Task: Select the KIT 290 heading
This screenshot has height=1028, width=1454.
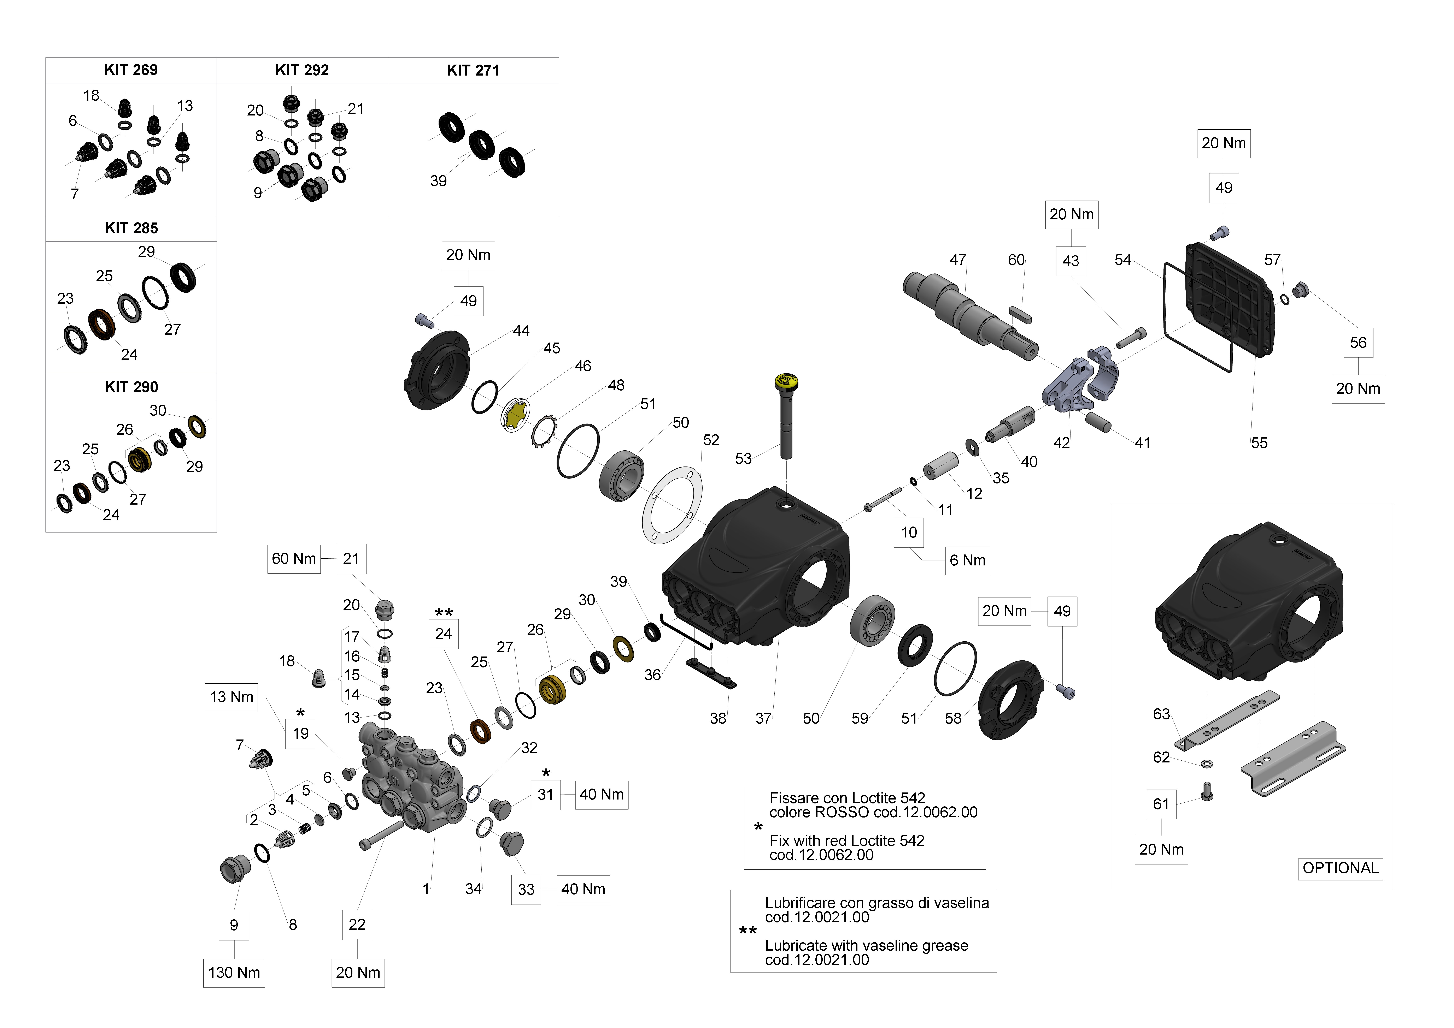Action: coord(131,387)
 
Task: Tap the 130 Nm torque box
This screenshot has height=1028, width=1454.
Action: coord(234,972)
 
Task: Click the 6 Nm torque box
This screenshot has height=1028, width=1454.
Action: coord(967,560)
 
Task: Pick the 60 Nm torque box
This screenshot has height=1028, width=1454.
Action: coord(294,559)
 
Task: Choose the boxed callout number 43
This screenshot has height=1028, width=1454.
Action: coord(1070,261)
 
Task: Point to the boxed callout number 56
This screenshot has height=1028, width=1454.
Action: coord(1358,343)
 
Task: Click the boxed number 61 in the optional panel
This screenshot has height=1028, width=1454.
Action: coord(1161,804)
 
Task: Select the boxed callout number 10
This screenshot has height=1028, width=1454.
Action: coord(909,532)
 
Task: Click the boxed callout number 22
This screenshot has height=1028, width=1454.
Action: coord(357,925)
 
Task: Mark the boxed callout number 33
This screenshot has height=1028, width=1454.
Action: coord(526,889)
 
